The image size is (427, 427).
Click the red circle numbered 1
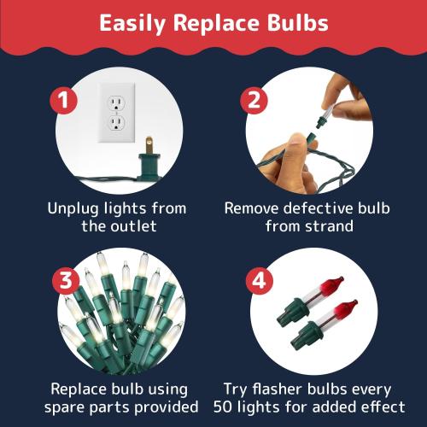tap(63, 101)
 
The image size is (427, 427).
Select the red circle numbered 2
tap(254, 101)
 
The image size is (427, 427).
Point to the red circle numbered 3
tap(66, 280)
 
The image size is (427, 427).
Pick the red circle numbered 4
tap(260, 280)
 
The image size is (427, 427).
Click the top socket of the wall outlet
tap(116, 103)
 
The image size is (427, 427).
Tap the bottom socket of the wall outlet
tap(116, 123)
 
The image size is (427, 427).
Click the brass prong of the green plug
tap(149, 145)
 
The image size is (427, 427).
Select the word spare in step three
tap(64, 407)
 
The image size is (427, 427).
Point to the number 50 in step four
tap(223, 407)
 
